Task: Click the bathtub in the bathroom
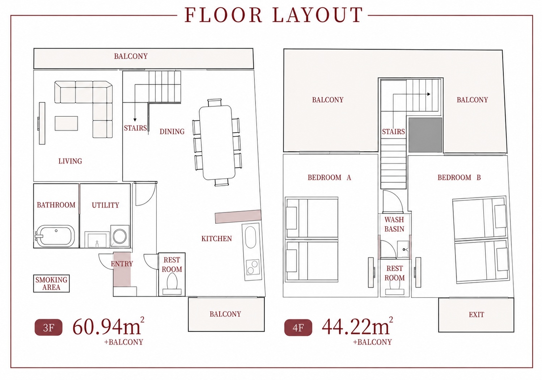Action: [x=55, y=236]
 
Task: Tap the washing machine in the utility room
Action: [x=120, y=236]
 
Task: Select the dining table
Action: [x=217, y=143]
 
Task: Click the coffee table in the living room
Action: [x=66, y=123]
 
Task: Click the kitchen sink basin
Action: [x=250, y=237]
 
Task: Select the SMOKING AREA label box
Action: [x=51, y=283]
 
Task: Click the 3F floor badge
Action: [x=48, y=328]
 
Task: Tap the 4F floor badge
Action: [x=298, y=328]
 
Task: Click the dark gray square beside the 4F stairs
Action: [x=425, y=135]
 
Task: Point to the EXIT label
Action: [x=477, y=314]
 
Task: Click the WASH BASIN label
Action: [x=394, y=224]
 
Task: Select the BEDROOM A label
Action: [x=329, y=178]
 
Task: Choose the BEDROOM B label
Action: [x=459, y=178]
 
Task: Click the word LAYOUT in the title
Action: [x=318, y=15]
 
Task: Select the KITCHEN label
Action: [x=217, y=238]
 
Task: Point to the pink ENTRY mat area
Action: [x=122, y=269]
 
